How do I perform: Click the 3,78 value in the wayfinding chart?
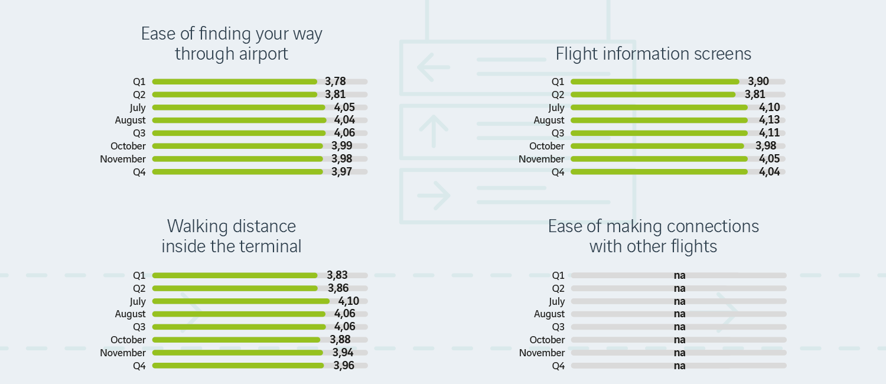pos(335,82)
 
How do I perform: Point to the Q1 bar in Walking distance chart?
pos(234,275)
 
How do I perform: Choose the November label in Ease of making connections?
pos(542,353)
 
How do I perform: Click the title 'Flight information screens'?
pos(653,54)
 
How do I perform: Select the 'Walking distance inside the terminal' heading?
pos(232,236)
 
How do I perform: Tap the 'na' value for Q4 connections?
pos(679,366)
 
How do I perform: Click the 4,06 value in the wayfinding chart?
pos(344,133)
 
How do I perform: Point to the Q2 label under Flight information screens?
pos(558,95)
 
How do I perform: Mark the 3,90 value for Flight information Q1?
pos(758,82)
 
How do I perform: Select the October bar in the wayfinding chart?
pos(237,146)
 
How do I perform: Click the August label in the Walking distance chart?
pos(130,314)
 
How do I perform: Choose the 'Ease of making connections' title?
pos(653,236)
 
